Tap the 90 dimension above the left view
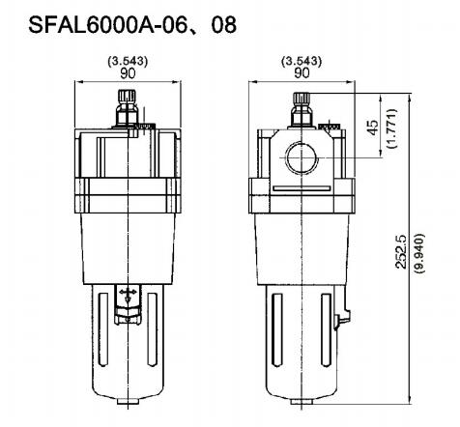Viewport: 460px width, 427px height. coord(127,72)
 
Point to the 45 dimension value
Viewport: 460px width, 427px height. coord(373,128)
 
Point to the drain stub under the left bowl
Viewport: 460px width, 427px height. coord(127,399)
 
